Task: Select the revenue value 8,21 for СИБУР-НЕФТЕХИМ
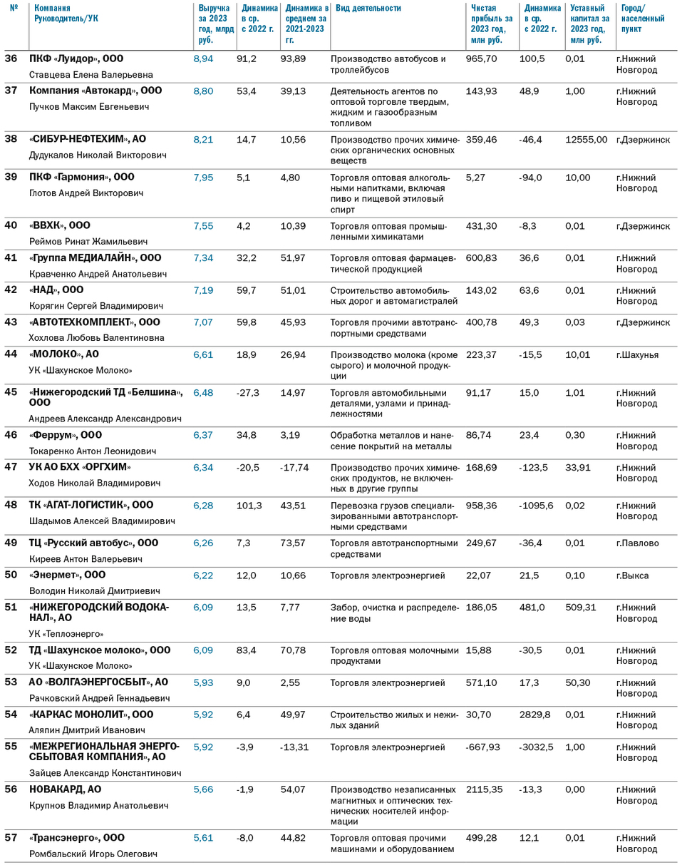[x=203, y=140]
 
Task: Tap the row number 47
[x=11, y=467]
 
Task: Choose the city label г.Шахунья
[x=639, y=354]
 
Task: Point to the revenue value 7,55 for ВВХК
[x=203, y=225]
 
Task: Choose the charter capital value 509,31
[x=580, y=607]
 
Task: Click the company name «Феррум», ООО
[x=66, y=435]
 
